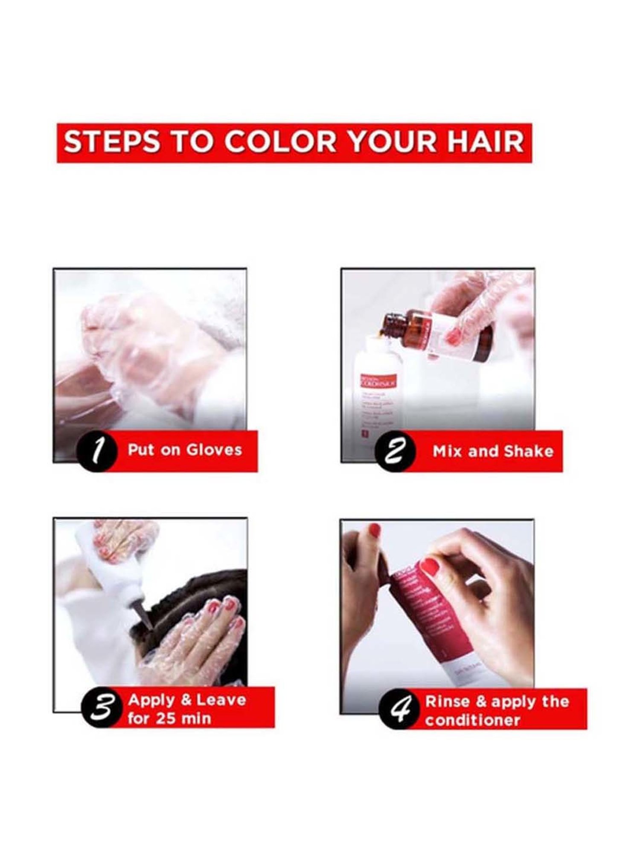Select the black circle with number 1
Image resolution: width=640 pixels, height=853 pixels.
(x=97, y=451)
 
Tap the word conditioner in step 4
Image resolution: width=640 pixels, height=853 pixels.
(x=472, y=720)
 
